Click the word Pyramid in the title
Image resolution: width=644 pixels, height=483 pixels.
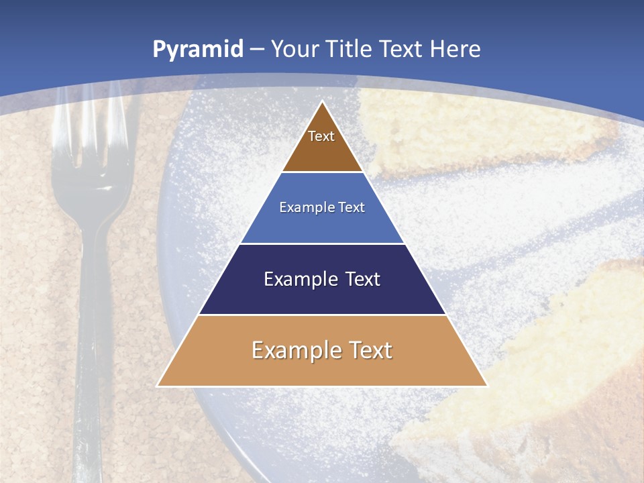(197, 50)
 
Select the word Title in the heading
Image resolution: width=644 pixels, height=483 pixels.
(352, 49)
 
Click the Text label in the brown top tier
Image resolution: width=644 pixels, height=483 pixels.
(321, 137)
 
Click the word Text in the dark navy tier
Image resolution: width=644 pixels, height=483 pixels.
(363, 279)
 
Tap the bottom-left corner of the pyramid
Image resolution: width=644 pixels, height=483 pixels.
(158, 385)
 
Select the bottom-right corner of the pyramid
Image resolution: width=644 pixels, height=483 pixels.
(486, 385)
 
